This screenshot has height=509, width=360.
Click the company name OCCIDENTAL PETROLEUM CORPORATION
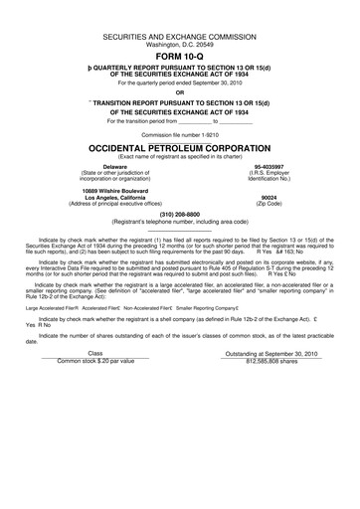(180, 146)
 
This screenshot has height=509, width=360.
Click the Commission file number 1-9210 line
(180, 133)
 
